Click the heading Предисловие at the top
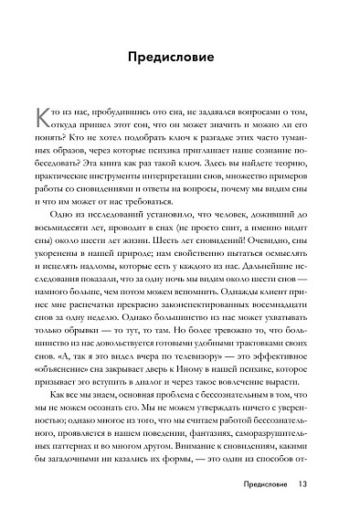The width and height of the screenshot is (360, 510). (180, 57)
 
